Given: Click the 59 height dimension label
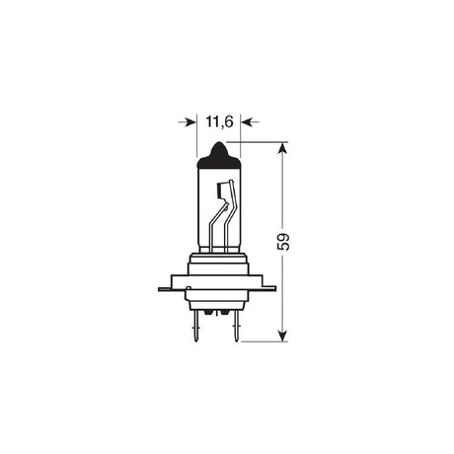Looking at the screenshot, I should tap(284, 242).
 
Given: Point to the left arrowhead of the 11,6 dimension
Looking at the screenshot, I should tap(189, 121).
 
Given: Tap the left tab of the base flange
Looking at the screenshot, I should tap(165, 289).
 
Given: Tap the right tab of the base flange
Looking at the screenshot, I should tap(268, 289).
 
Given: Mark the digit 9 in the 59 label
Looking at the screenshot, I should tap(284, 236).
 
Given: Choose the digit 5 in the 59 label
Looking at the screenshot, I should tap(284, 248).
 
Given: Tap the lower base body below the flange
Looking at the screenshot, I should tap(216, 300).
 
